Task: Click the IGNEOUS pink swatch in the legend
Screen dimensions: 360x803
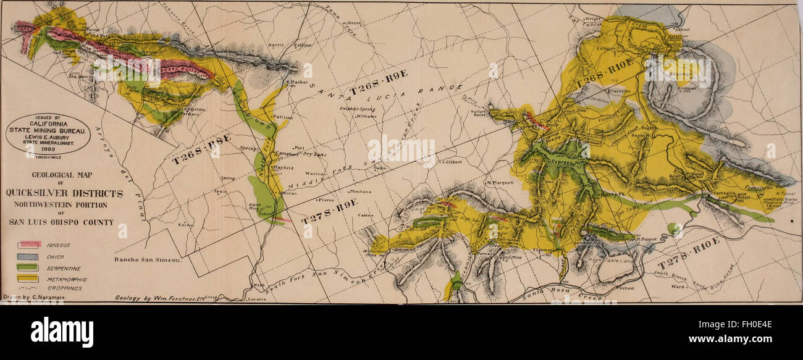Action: (x=29, y=245)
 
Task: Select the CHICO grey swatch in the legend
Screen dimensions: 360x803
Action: (x=29, y=257)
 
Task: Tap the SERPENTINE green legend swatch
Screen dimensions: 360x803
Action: (x=29, y=268)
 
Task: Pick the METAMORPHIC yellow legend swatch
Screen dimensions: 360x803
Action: (x=29, y=279)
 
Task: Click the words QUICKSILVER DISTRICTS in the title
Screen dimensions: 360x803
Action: (x=64, y=193)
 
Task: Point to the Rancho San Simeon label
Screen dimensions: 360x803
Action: (x=147, y=261)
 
